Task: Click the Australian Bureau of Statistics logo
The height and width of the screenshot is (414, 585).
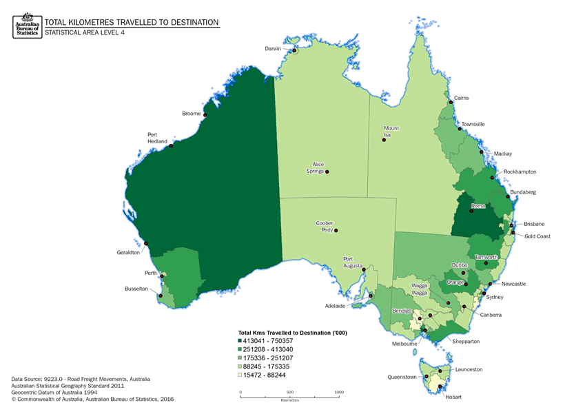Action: pos(27,26)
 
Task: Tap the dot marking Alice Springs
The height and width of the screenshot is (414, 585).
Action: pos(327,172)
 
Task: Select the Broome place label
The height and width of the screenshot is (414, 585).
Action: pos(191,114)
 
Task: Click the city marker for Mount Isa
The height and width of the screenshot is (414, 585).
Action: pos(384,141)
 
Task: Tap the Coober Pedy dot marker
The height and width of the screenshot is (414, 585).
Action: pos(337,231)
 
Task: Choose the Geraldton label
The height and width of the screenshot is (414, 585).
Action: pos(129,253)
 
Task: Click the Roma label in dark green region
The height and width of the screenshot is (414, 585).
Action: pos(478,207)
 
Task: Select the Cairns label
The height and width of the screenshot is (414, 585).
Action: pos(462,99)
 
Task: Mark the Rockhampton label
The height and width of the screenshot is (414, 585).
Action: pos(520,172)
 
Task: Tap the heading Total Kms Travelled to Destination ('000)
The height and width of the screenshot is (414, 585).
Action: pos(291,333)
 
